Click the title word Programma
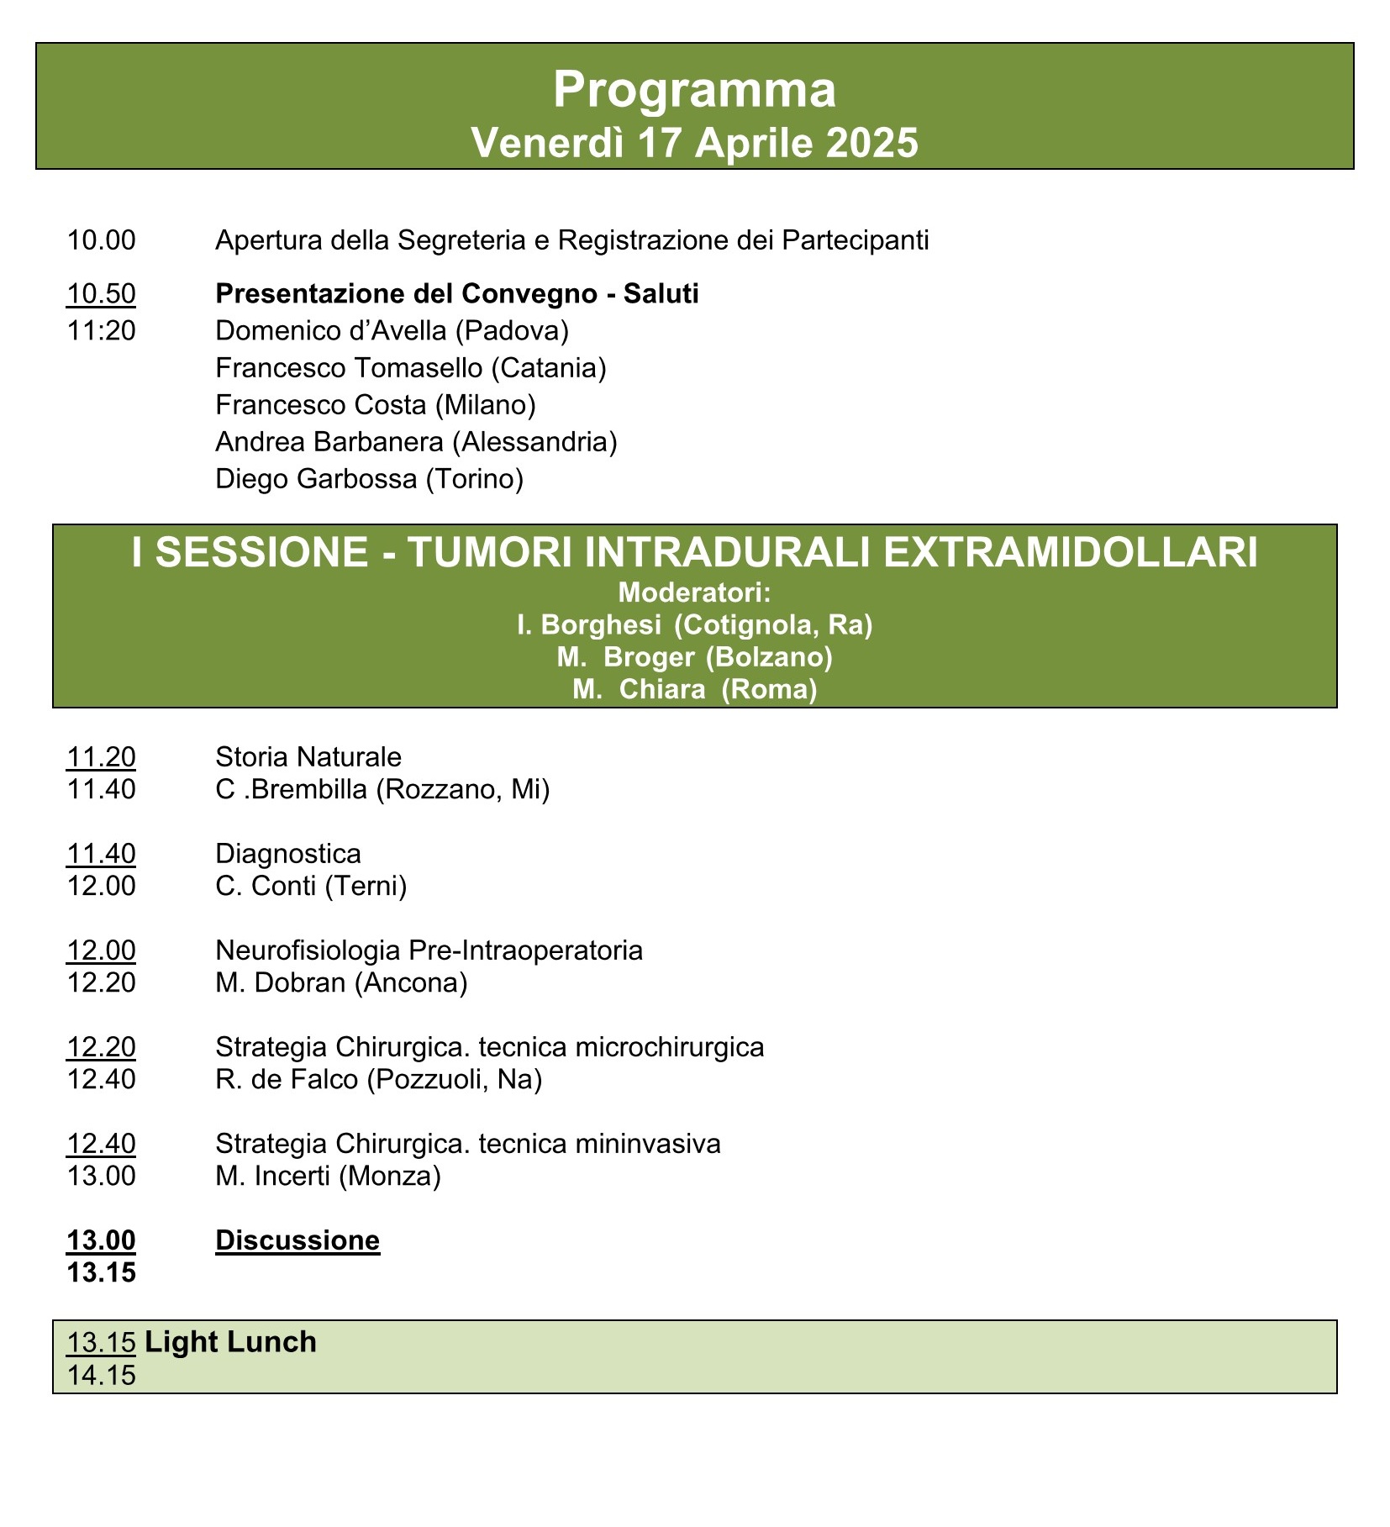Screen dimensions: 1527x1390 tap(694, 89)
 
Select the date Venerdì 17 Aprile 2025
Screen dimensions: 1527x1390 tap(694, 143)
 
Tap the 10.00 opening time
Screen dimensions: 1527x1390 tap(101, 240)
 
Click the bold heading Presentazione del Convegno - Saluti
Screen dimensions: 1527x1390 tap(457, 294)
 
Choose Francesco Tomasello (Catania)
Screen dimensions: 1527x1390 tap(411, 368)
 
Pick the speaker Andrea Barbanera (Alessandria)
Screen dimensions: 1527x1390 tap(416, 442)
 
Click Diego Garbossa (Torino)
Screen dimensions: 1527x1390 tap(369, 479)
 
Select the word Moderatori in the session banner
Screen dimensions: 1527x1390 tap(694, 593)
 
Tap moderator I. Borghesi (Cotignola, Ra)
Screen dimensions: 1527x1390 tap(694, 625)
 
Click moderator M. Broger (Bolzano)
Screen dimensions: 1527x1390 tap(694, 657)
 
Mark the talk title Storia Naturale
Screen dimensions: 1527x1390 tap(308, 757)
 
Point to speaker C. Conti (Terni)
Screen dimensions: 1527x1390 tap(311, 886)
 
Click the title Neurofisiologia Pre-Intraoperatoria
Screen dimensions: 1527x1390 tap(429, 950)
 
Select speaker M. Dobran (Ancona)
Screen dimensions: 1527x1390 tap(341, 982)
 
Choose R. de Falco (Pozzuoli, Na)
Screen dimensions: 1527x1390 tap(378, 1079)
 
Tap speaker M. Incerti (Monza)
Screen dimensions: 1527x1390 tap(328, 1176)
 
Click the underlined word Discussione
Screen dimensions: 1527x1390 tap(297, 1240)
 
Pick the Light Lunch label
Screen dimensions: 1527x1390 tap(230, 1342)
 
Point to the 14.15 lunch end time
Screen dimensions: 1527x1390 tap(101, 1376)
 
